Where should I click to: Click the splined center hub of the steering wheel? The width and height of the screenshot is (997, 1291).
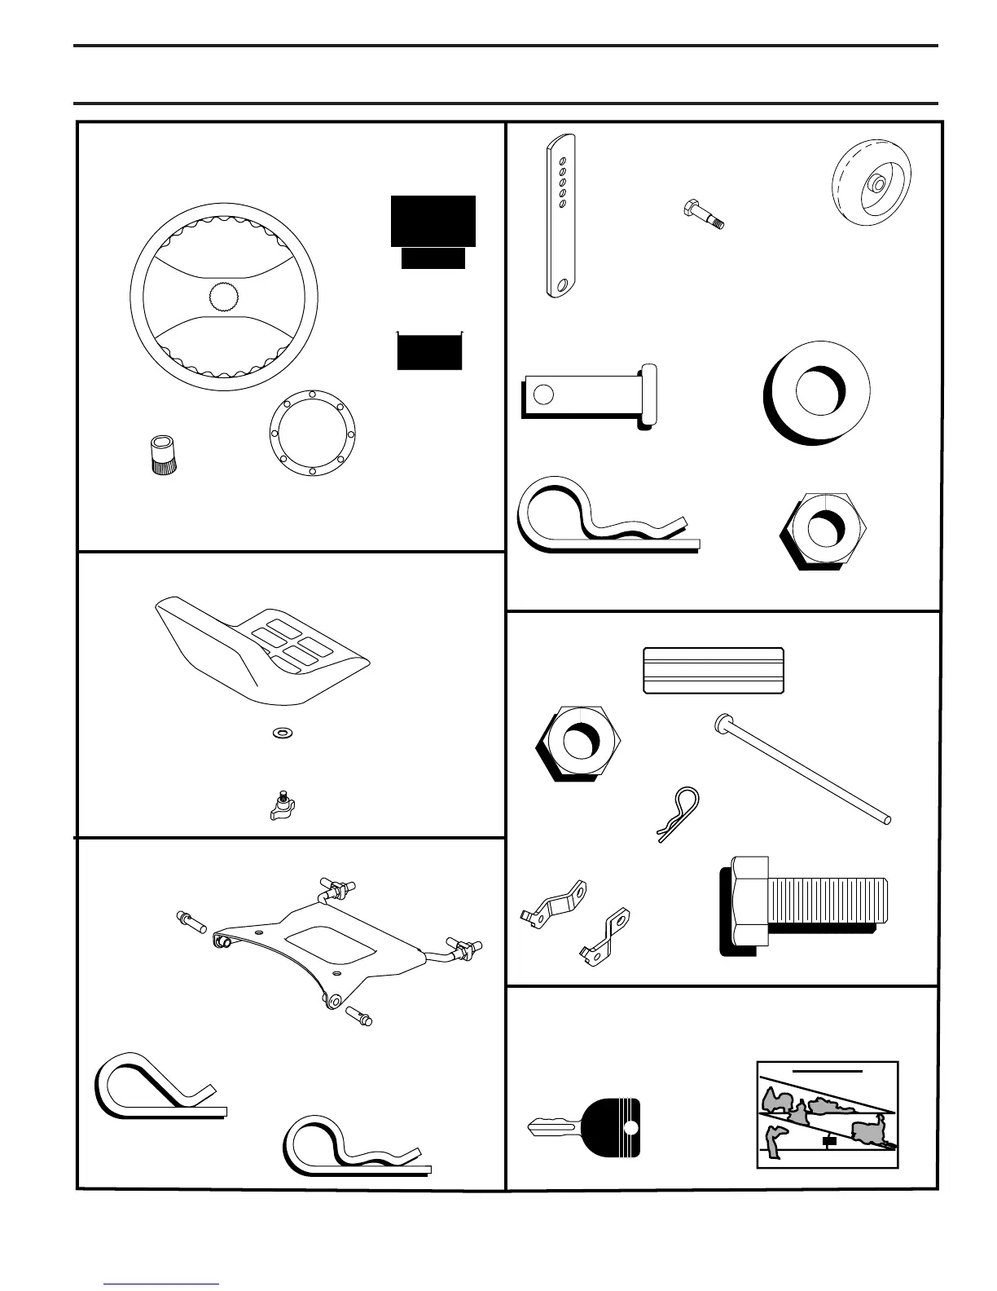(x=225, y=297)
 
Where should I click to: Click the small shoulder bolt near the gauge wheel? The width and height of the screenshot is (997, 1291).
(x=701, y=214)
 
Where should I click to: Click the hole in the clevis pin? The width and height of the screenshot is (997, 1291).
(x=542, y=394)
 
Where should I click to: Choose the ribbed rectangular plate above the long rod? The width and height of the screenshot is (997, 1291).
(x=714, y=670)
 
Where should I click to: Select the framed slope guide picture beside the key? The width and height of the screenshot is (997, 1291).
(x=828, y=1114)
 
